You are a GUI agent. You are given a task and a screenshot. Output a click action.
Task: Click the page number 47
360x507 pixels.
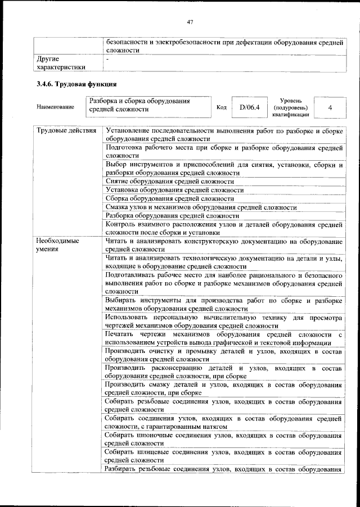pyautogui.click(x=190, y=22)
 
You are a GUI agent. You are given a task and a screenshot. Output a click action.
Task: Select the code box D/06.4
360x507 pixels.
pyautogui.click(x=249, y=106)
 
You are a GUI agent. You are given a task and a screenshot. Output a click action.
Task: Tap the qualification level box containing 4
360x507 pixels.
pyautogui.click(x=330, y=106)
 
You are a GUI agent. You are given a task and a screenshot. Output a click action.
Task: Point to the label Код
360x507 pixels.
pyautogui.click(x=221, y=106)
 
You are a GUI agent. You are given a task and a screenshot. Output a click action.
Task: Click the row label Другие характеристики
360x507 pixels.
pyautogui.click(x=61, y=62)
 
